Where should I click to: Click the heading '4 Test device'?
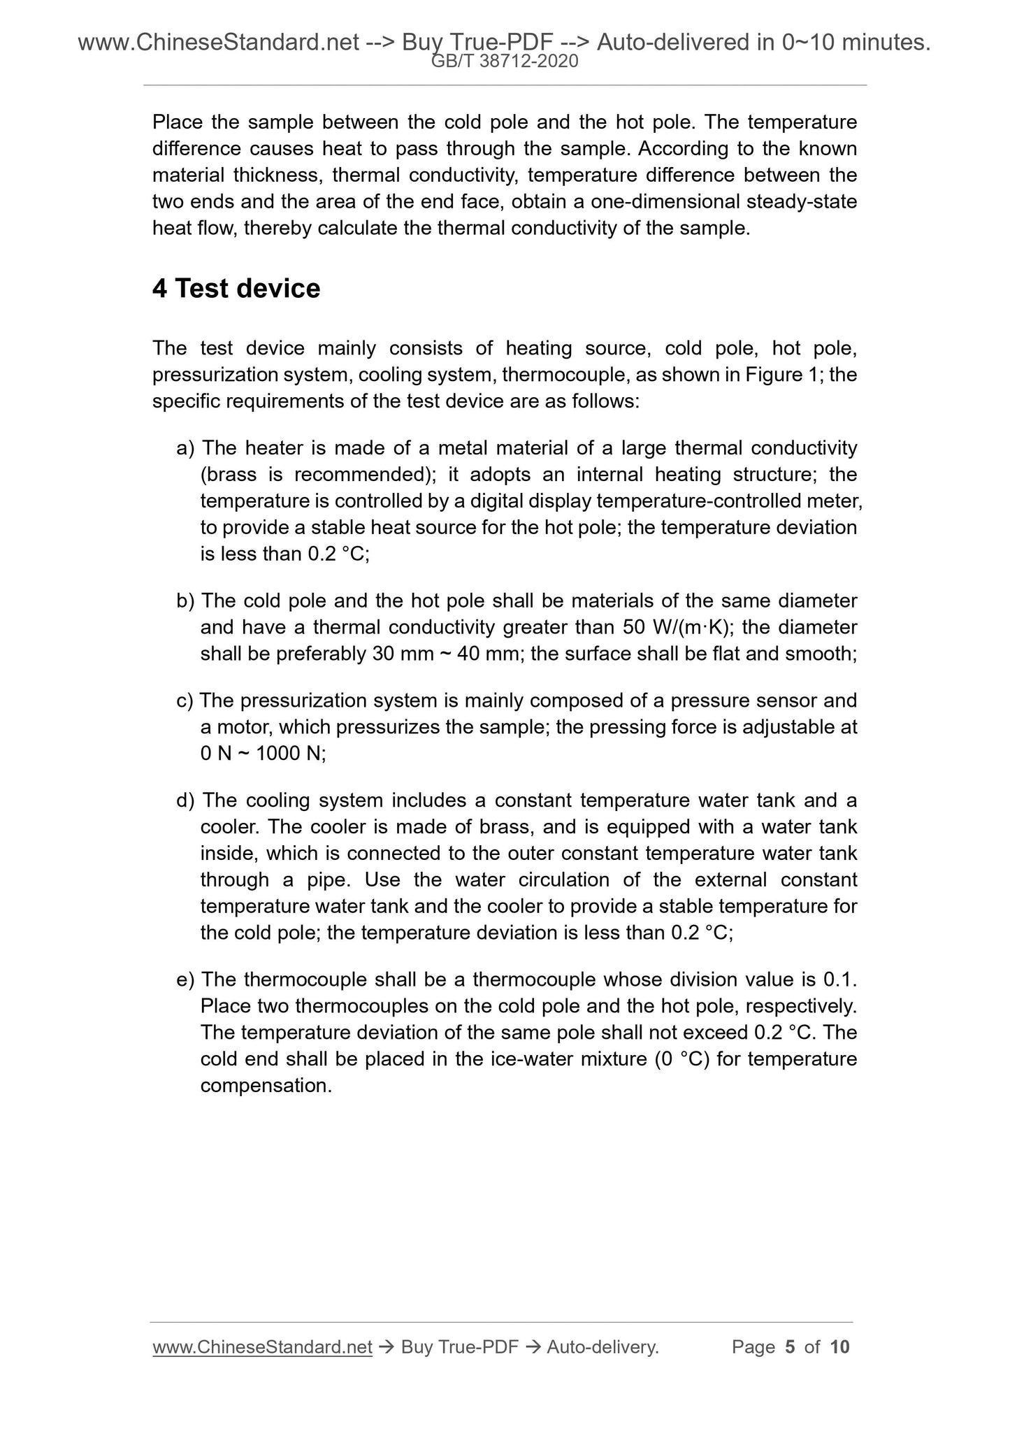coord(236,289)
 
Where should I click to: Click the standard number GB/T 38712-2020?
coord(505,62)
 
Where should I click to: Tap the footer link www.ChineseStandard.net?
coord(262,1347)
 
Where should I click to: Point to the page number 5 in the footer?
coord(791,1347)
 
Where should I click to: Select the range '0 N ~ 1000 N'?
coord(263,754)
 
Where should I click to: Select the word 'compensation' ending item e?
coord(266,1086)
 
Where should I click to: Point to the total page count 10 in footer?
coord(839,1347)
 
